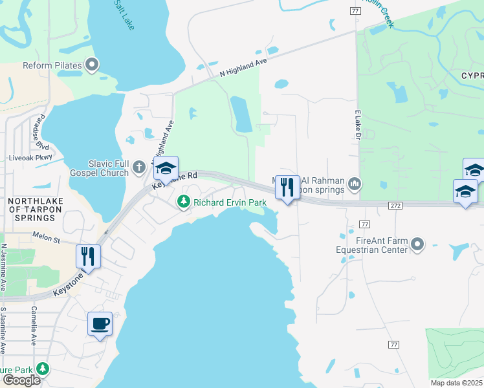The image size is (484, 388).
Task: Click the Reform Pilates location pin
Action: pyautogui.click(x=92, y=65)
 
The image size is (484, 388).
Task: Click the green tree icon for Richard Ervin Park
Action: pyautogui.click(x=184, y=202)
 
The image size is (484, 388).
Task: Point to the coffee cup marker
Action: pyautogui.click(x=100, y=323)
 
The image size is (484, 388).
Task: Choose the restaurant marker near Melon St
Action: pyautogui.click(x=88, y=256)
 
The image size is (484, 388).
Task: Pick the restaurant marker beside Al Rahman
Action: pyautogui.click(x=287, y=188)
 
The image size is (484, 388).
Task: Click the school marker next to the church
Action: pyautogui.click(x=166, y=169)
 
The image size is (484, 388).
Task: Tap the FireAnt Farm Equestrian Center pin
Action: pyautogui.click(x=417, y=244)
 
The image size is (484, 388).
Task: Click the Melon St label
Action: pyautogui.click(x=45, y=238)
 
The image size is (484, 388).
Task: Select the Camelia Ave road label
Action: pyautogui.click(x=32, y=326)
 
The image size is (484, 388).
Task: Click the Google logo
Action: pyautogui.click(x=21, y=380)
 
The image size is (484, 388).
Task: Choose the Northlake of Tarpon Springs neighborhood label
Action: pyautogui.click(x=36, y=209)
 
